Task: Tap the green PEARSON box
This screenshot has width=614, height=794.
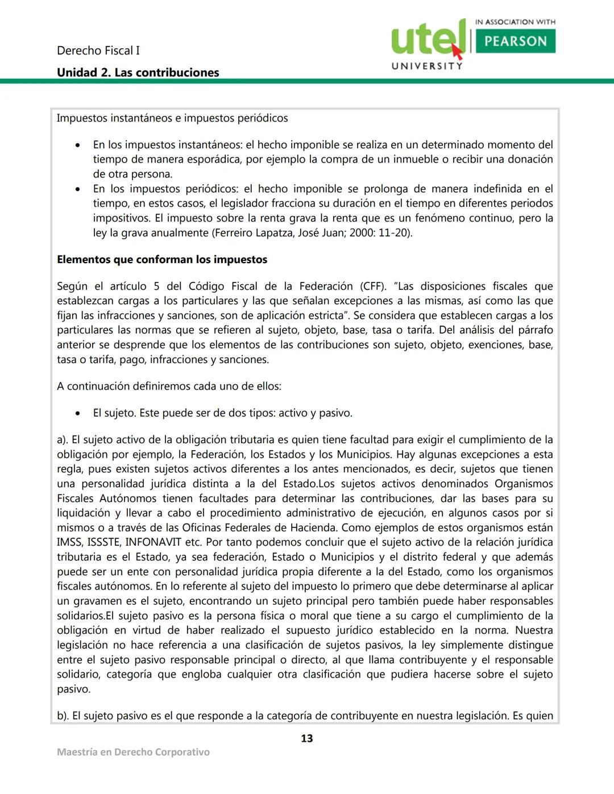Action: click(x=515, y=41)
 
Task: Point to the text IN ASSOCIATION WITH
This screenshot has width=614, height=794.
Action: click(x=515, y=22)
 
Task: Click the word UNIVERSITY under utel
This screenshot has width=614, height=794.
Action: click(x=427, y=66)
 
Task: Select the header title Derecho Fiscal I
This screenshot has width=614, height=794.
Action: click(x=98, y=51)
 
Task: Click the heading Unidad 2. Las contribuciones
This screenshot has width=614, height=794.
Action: click(x=138, y=73)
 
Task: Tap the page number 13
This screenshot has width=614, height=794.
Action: click(x=307, y=738)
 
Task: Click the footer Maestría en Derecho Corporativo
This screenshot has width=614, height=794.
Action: click(x=133, y=752)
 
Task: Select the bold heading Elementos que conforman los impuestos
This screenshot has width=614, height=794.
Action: click(x=162, y=260)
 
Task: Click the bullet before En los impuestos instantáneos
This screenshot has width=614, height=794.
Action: click(x=78, y=146)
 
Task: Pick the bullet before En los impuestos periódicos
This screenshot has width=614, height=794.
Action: click(x=78, y=189)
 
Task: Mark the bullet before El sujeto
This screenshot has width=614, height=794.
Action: click(x=78, y=414)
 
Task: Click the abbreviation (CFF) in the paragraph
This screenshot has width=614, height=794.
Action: click(x=373, y=286)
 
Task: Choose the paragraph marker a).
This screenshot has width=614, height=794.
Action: click(x=63, y=440)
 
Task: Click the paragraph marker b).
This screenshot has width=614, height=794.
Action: click(x=63, y=716)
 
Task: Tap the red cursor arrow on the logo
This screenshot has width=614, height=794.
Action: click(x=457, y=52)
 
